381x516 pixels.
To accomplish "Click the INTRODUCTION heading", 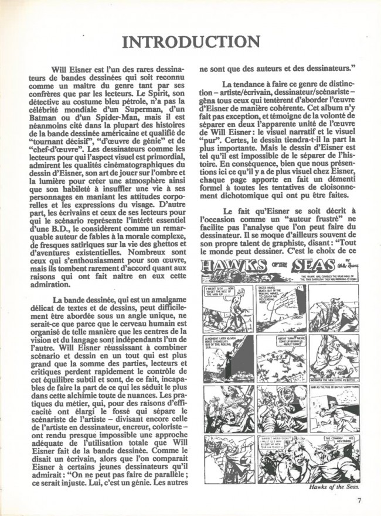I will click(190, 42).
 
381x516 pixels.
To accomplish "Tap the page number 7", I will click(358, 501).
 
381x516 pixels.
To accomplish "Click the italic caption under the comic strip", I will click(334, 487).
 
